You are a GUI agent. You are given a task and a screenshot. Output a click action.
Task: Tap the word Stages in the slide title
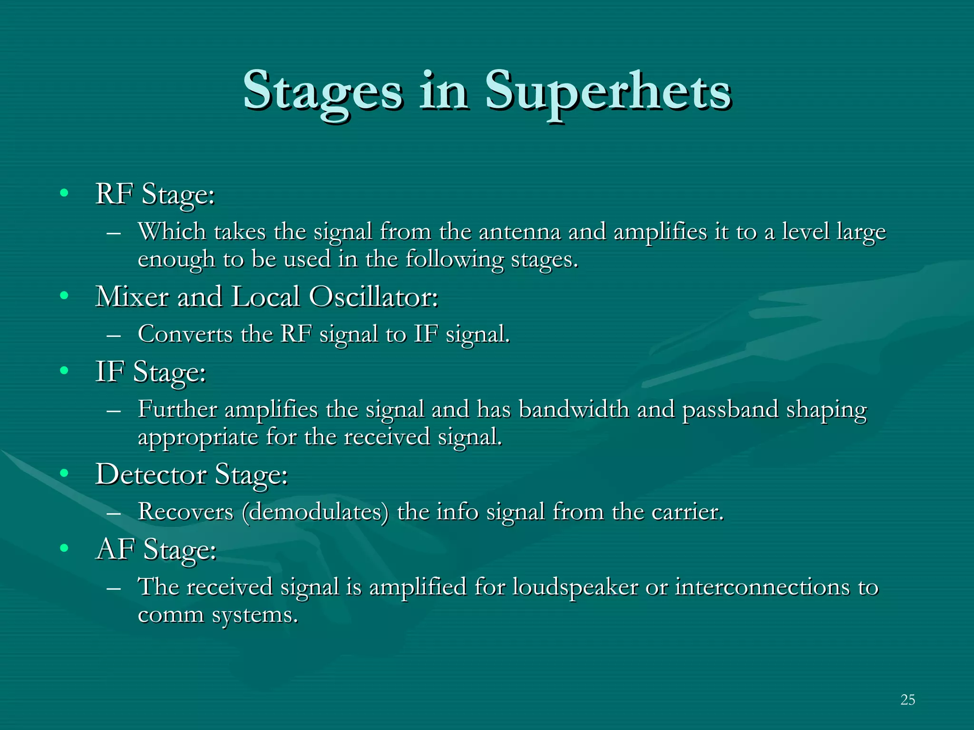point(323,92)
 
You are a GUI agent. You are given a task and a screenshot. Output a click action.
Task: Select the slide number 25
point(907,700)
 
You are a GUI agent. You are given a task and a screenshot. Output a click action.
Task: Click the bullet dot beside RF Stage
point(64,193)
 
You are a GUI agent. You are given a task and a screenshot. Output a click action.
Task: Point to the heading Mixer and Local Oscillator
point(266,297)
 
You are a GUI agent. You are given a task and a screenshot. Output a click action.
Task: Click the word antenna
point(519,232)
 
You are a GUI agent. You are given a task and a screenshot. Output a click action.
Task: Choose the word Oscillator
point(373,297)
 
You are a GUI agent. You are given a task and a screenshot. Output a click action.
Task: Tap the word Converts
point(185,334)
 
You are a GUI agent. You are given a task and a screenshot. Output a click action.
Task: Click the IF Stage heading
point(150,372)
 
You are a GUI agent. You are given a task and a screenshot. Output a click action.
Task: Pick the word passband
point(730,410)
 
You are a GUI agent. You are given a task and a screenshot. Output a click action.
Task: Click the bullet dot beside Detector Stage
point(64,473)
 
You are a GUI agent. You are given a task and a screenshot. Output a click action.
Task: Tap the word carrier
point(687,512)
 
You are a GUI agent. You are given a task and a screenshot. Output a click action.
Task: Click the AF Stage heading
point(156,549)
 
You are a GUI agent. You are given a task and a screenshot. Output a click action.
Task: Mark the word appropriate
point(197,437)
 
